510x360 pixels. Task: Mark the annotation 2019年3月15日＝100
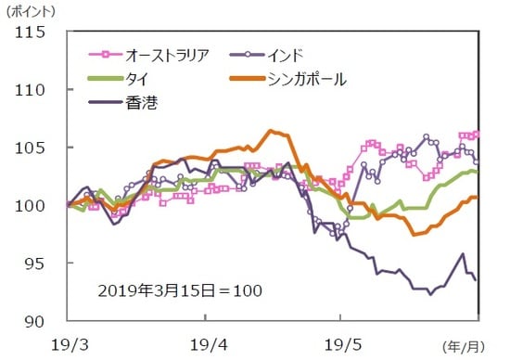click(180, 290)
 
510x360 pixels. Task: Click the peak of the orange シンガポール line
click(270, 131)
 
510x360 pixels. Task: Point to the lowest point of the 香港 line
click(430, 294)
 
